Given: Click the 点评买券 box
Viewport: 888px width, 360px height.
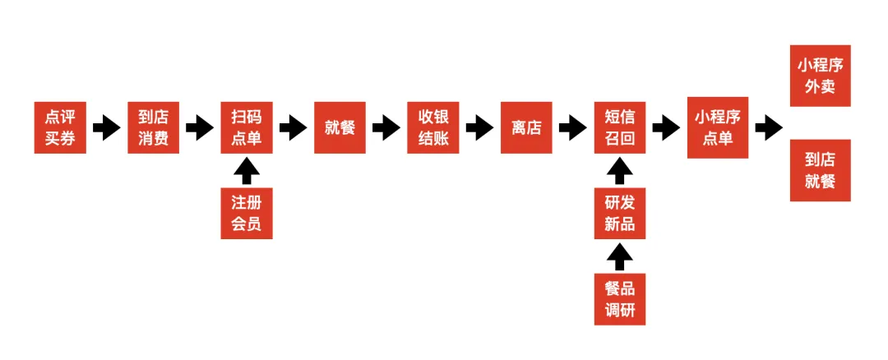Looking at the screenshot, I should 60,127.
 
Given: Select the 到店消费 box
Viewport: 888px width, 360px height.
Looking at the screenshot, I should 154,127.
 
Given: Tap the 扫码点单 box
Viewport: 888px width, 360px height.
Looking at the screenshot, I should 247,127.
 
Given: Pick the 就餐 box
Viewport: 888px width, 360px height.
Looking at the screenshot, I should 340,127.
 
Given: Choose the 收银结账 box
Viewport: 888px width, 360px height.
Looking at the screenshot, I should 433,127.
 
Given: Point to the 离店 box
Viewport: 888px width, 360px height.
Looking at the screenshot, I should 526,127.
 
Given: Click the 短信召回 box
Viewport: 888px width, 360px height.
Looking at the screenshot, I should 620,127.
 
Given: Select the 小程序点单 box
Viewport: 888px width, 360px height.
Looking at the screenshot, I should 718,127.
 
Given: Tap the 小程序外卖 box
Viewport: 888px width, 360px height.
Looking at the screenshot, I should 820,76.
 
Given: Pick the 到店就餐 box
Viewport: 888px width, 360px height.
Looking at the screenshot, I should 820,170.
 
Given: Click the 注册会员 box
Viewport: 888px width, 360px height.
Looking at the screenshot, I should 247,213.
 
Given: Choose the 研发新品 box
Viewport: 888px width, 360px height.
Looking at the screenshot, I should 620,213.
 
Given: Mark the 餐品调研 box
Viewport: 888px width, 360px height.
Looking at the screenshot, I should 620,299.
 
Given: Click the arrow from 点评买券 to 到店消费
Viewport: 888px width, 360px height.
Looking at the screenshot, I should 106,127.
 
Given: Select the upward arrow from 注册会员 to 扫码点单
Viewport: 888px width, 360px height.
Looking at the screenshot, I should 247,171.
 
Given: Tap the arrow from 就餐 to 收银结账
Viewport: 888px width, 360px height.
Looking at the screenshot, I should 386,127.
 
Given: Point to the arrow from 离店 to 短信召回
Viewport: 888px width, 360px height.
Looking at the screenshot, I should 573,127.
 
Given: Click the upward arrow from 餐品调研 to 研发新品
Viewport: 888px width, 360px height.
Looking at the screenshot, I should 620,256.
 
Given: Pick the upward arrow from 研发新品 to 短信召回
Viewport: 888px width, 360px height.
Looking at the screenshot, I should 620,171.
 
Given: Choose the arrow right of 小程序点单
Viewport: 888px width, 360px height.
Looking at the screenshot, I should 769,127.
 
